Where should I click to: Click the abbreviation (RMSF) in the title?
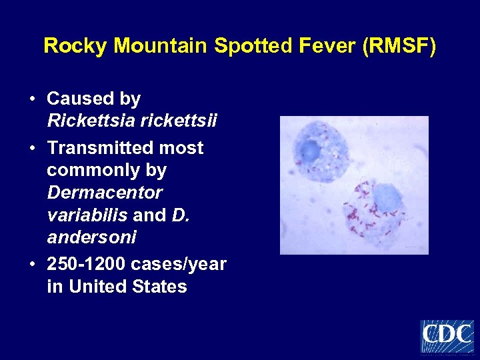399,46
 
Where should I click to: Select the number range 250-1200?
87,264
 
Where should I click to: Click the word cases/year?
179,264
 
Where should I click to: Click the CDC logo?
447,336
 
